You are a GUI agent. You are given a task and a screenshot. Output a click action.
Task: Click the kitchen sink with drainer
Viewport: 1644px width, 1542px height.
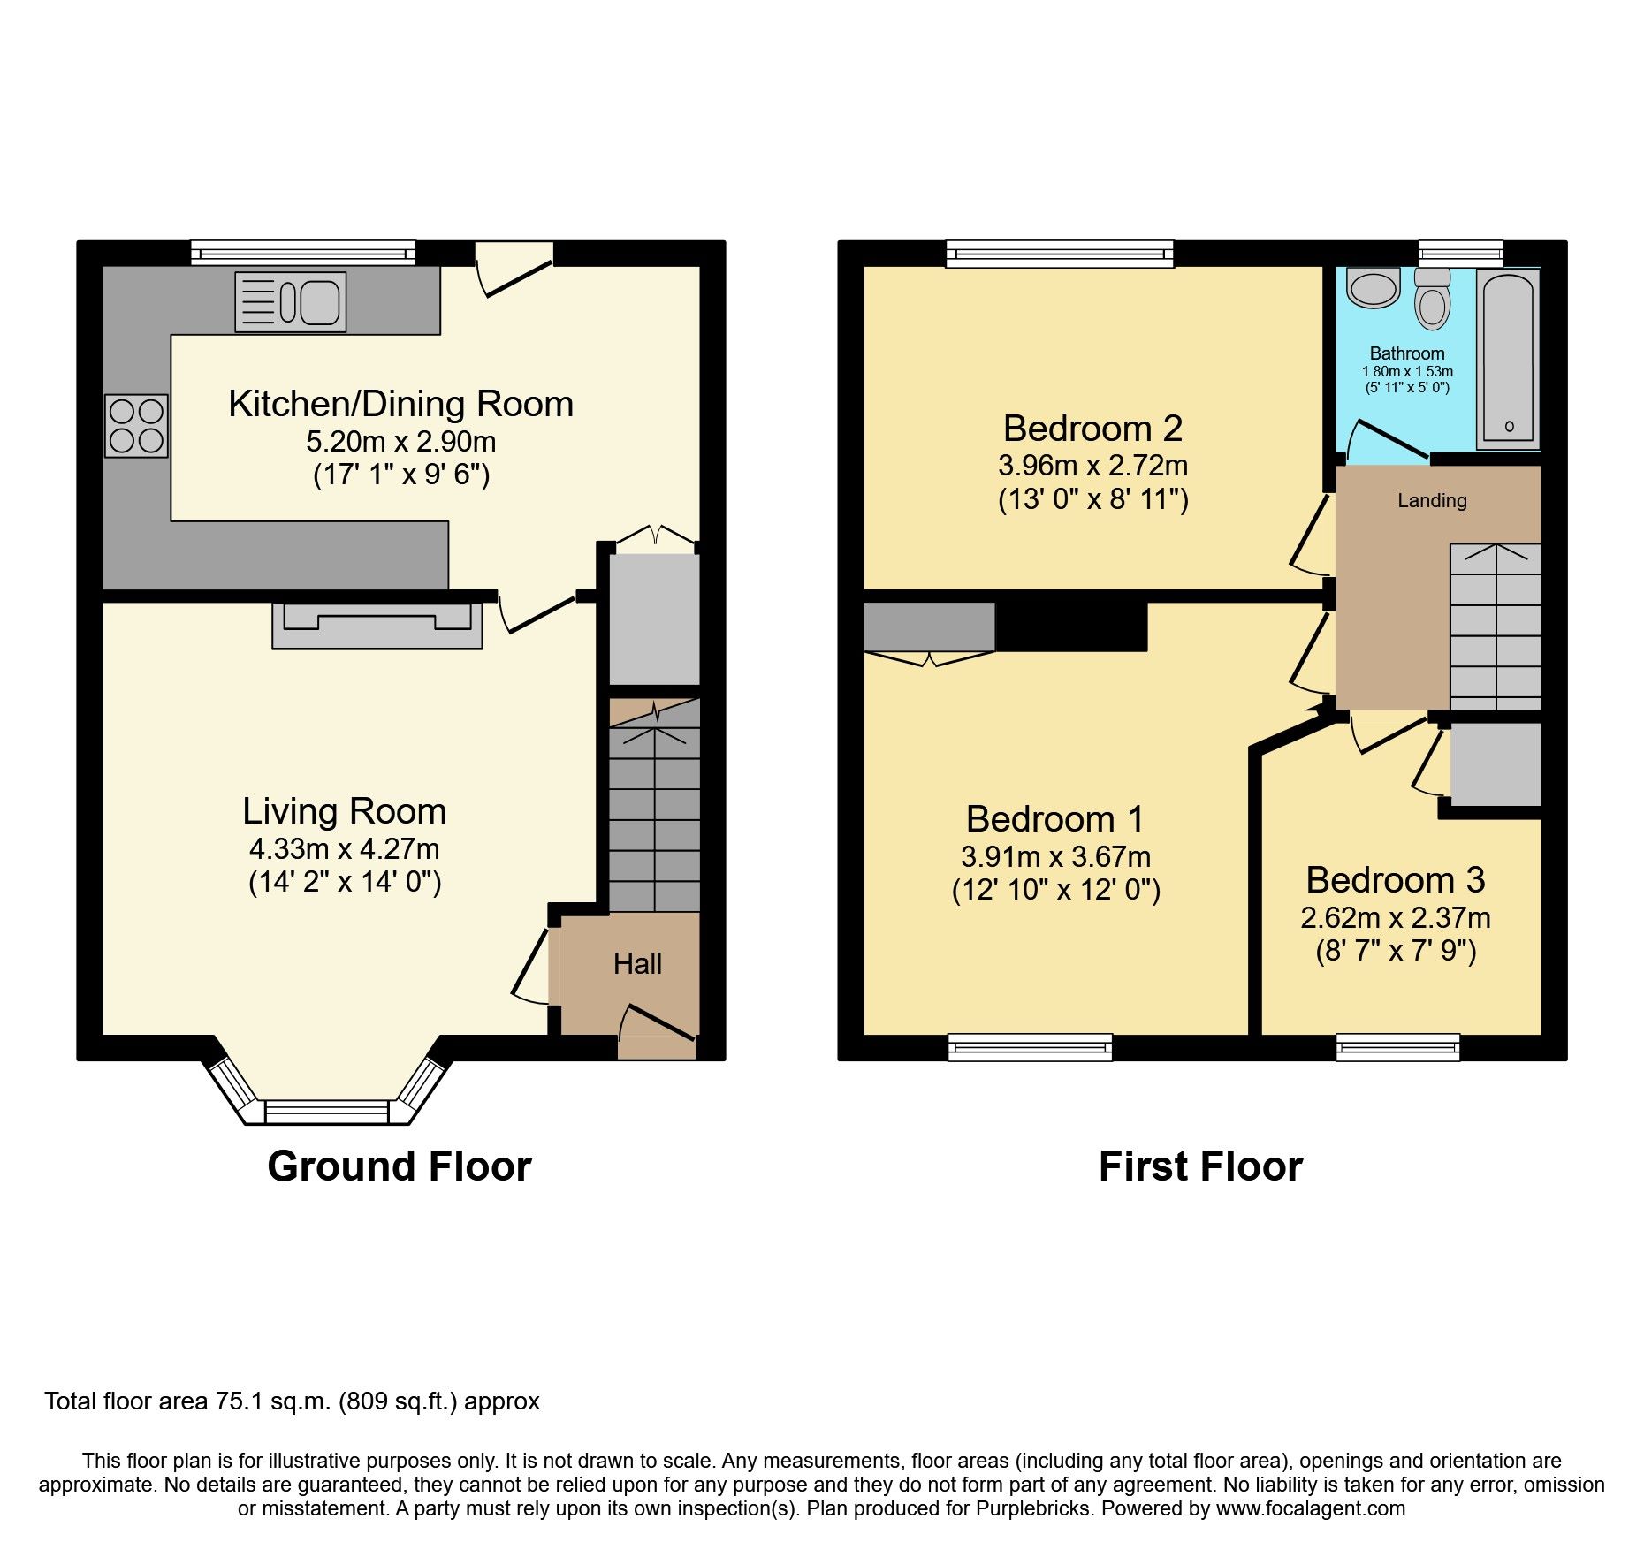click(290, 302)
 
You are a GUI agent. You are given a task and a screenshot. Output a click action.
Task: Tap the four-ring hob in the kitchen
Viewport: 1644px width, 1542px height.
click(136, 425)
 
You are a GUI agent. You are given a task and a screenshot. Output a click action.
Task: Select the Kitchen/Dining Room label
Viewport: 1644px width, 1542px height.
click(400, 404)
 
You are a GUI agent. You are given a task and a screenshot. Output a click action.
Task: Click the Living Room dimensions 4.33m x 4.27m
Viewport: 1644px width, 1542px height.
click(344, 849)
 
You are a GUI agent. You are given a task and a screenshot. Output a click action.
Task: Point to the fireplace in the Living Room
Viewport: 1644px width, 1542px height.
click(377, 626)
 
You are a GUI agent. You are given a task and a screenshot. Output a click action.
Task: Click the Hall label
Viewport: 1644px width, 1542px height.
click(637, 963)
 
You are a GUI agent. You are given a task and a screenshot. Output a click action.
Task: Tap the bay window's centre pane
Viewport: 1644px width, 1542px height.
click(327, 1112)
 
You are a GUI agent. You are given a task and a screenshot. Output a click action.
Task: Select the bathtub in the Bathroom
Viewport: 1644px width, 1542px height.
click(1509, 359)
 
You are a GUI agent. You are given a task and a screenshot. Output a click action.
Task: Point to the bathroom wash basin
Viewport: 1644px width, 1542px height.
click(1373, 287)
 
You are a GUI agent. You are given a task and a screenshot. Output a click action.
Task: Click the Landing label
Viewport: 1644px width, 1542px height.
click(1432, 500)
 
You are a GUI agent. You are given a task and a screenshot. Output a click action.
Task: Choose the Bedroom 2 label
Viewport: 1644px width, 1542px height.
click(1092, 429)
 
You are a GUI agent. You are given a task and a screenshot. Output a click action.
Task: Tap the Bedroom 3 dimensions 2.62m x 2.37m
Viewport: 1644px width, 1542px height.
click(1396, 918)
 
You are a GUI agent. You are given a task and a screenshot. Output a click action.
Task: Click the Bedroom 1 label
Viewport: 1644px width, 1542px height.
click(1055, 819)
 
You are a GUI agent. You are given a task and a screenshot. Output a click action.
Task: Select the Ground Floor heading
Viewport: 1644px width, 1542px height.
click(400, 1166)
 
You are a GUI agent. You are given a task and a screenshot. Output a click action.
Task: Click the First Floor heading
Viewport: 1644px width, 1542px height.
click(1200, 1166)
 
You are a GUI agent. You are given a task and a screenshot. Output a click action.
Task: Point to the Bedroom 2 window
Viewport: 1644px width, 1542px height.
click(1060, 254)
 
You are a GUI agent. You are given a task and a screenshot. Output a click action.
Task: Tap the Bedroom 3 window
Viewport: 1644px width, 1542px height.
click(1398, 1047)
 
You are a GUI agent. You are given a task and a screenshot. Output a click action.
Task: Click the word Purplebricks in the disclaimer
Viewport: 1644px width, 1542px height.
click(1032, 1509)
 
